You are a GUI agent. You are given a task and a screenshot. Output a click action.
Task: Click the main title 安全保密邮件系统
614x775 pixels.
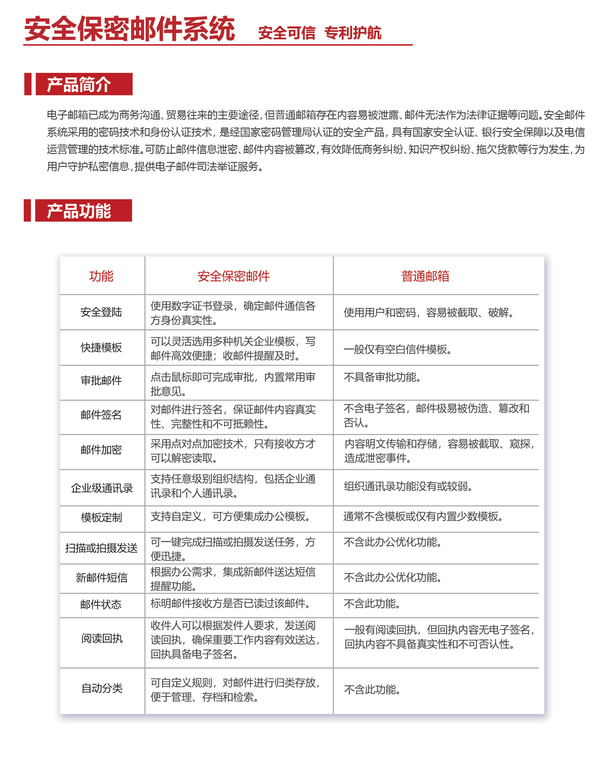pos(129,29)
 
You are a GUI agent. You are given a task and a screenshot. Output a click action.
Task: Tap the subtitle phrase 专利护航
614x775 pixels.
pos(352,33)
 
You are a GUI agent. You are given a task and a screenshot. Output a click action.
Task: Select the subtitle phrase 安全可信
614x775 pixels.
pos(287,33)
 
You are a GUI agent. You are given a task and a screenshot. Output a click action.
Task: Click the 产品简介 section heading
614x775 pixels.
pos(79,84)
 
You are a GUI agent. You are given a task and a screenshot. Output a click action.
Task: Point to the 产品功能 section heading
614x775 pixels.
pos(79,211)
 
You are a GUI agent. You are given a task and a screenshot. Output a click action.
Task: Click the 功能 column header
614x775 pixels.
pos(101,276)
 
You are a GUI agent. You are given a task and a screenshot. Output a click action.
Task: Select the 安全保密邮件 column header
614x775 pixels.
pos(233,276)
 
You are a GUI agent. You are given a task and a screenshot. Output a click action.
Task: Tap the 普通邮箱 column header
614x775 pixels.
pos(425,276)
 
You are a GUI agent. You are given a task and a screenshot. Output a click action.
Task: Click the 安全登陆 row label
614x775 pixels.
pos(101,312)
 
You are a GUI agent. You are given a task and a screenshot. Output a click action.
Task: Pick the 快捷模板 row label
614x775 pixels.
pos(101,348)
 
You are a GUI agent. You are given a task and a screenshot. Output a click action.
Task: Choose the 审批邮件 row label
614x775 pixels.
pos(101,381)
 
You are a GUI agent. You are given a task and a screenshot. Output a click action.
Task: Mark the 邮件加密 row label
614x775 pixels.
pos(101,450)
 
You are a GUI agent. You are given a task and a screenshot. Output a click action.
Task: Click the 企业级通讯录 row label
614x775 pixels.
pos(102,488)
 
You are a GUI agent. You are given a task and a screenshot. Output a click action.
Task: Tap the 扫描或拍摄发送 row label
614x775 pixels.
pos(101,548)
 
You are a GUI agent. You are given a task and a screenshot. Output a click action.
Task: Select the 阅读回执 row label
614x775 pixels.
pos(102,639)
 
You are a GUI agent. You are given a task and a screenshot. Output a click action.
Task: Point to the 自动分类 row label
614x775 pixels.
pos(102,688)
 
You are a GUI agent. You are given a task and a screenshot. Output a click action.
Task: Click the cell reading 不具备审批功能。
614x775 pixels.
pos(382,377)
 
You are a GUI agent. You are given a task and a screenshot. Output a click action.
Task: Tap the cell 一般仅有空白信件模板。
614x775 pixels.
pos(397,350)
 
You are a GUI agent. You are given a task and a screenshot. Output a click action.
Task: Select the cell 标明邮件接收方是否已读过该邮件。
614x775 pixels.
pos(230,603)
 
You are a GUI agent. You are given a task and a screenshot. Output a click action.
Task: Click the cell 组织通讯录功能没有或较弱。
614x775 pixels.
pos(408,486)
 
